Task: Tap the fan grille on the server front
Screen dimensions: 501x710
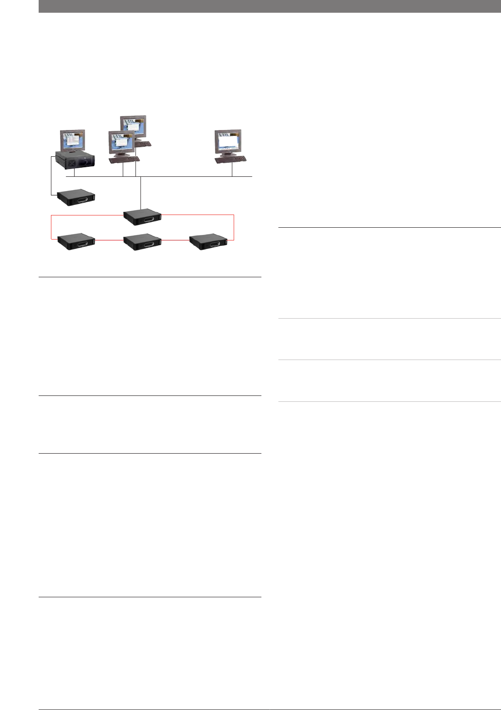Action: pos(71,162)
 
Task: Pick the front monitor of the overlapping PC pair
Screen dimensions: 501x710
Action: pos(121,143)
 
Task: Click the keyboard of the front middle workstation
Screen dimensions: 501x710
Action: pos(124,159)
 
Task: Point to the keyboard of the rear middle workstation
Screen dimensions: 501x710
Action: pos(143,144)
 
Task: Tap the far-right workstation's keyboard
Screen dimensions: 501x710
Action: pos(230,159)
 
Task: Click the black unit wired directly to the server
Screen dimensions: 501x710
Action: pos(76,198)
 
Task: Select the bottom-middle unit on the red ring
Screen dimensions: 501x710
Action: pos(143,241)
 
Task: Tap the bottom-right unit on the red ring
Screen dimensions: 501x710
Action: pos(208,241)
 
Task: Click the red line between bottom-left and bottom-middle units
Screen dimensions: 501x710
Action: pos(109,240)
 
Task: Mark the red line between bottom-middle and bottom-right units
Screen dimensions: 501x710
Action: pos(175,240)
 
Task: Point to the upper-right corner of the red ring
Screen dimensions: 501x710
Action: pos(234,215)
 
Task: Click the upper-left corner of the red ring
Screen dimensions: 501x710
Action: pos(51,215)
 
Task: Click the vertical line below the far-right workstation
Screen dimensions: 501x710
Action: pos(232,170)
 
